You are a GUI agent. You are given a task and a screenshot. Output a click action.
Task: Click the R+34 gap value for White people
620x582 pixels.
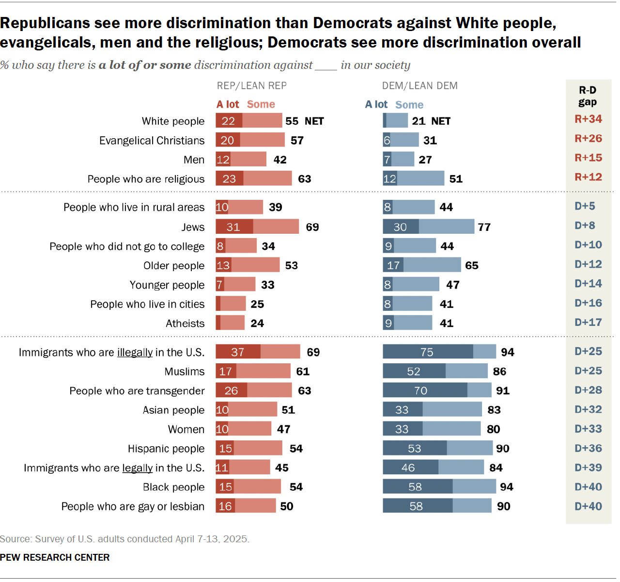(x=588, y=119)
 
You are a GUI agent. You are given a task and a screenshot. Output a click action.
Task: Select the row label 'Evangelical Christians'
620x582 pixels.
(x=152, y=141)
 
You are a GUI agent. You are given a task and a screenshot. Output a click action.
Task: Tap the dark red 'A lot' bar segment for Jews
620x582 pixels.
(x=234, y=227)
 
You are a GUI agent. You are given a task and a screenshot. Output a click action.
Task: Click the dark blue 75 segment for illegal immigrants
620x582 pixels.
(x=427, y=352)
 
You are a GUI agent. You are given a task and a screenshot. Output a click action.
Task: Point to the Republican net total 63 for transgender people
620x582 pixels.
(x=304, y=391)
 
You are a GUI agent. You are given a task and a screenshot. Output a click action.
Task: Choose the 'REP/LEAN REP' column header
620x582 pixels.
(x=251, y=86)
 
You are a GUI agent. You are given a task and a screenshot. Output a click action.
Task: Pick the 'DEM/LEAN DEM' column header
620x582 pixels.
(x=419, y=86)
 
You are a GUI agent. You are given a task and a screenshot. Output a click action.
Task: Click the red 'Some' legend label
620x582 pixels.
(x=261, y=104)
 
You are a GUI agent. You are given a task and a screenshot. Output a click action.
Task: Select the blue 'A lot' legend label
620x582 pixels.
(x=376, y=105)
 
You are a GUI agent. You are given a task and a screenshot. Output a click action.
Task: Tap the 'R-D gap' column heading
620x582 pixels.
(x=588, y=96)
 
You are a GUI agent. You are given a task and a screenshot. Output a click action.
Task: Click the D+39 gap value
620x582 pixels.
(x=588, y=468)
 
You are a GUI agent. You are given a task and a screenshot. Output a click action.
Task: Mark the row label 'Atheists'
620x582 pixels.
(x=185, y=323)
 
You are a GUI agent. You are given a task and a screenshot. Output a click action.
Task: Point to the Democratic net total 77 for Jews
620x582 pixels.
(x=484, y=227)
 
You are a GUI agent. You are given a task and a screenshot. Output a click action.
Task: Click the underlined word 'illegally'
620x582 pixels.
(x=135, y=353)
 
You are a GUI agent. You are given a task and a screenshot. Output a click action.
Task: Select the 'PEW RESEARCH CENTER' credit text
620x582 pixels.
(x=55, y=558)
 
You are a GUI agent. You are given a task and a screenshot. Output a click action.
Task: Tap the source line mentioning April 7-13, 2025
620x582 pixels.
(x=124, y=539)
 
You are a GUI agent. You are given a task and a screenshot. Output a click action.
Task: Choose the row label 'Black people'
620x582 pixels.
(x=173, y=487)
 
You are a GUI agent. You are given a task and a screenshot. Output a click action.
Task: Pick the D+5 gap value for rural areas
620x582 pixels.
(x=585, y=206)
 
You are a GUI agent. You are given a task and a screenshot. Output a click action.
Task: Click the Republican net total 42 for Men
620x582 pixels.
(x=279, y=160)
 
